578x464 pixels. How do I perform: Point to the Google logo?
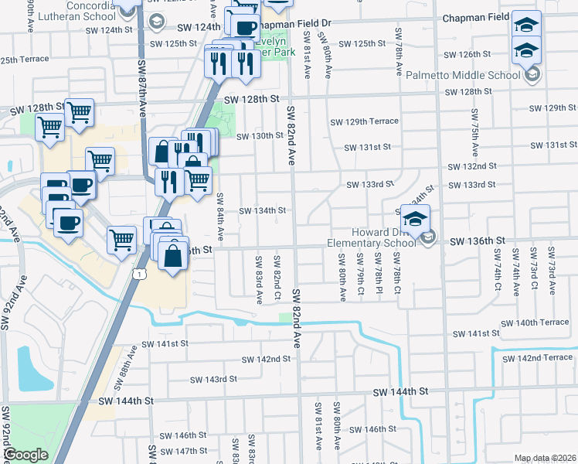click(25, 455)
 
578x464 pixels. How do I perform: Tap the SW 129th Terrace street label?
click(364, 121)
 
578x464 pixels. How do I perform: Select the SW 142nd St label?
click(266, 359)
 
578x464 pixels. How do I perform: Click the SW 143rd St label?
click(213, 379)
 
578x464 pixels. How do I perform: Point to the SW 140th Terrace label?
click(535, 322)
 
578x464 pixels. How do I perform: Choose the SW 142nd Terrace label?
click(540, 357)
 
